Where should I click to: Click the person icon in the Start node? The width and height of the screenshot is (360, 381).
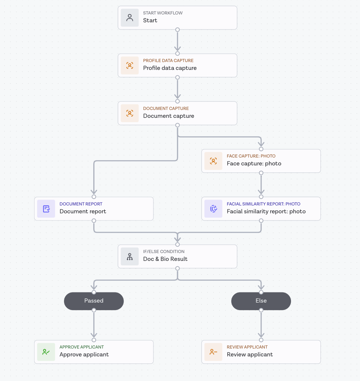[130, 18]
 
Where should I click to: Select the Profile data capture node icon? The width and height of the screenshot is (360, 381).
[130, 66]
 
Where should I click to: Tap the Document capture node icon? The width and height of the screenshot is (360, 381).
[130, 113]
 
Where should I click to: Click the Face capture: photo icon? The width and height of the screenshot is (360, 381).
[214, 161]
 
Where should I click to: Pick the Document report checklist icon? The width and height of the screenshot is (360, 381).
[46, 209]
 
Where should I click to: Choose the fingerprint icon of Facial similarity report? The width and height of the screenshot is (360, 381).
[214, 209]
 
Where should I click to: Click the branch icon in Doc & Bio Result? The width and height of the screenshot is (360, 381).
[130, 257]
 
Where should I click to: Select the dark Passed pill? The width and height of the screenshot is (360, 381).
[94, 301]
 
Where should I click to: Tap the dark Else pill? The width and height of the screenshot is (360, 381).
[261, 301]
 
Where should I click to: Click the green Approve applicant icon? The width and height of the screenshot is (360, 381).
[46, 352]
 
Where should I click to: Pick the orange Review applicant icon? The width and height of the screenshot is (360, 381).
[214, 352]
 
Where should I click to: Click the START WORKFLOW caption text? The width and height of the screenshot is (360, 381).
[163, 13]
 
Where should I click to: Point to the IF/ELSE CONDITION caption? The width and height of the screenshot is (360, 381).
[164, 252]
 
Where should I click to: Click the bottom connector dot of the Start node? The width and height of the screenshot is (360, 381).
[178, 30]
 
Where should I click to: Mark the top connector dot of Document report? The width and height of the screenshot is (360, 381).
[94, 197]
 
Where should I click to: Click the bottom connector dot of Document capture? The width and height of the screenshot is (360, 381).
[178, 125]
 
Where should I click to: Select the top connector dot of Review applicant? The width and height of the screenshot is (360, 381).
[261, 340]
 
